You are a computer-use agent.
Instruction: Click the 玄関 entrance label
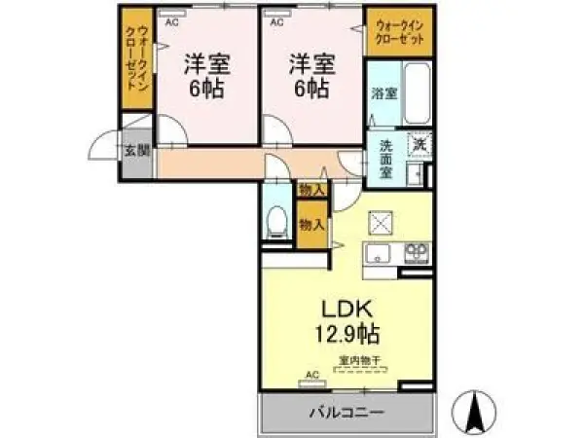135,151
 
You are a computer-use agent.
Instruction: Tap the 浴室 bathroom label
383,94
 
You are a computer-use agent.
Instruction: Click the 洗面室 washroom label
385,159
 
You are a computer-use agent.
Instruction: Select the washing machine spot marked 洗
420,145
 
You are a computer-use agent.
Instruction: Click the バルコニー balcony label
347,412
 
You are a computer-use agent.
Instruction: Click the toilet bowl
275,219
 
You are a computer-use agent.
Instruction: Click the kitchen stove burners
416,253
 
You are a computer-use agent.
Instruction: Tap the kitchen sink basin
376,255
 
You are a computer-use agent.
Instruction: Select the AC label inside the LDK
313,374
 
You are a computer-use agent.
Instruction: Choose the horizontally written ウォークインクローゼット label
399,34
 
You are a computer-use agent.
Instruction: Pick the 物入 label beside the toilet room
311,225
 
